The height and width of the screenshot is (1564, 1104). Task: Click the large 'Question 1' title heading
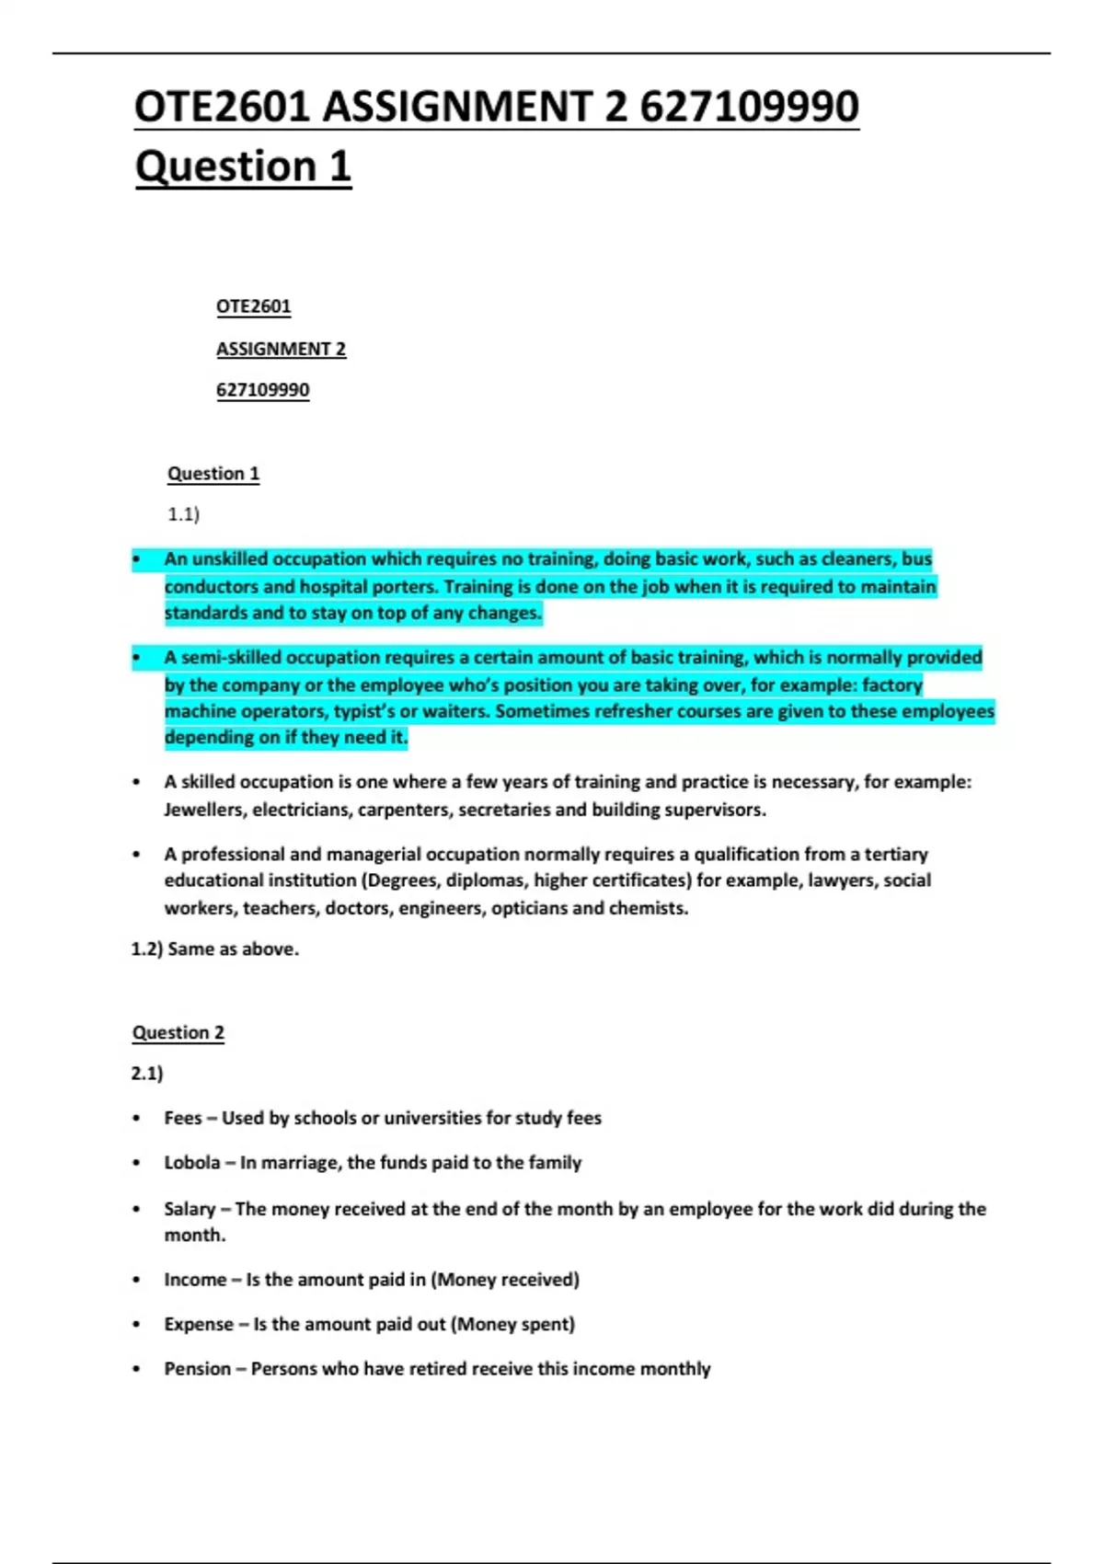click(x=243, y=167)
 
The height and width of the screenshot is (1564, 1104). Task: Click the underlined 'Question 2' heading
click(x=178, y=1032)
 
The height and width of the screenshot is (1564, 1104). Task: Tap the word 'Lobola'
click(x=191, y=1163)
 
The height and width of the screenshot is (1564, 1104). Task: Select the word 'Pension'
click(x=197, y=1369)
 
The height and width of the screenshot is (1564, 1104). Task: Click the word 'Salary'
click(x=190, y=1209)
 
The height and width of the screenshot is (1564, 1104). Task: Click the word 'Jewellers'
click(x=203, y=810)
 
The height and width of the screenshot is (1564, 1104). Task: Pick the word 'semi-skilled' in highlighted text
click(x=232, y=658)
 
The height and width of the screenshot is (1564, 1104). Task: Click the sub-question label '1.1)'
click(x=183, y=514)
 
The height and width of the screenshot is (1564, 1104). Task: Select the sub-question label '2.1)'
click(x=147, y=1074)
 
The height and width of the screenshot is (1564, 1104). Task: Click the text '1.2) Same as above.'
click(x=215, y=949)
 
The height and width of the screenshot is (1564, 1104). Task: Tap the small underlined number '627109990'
click(x=262, y=390)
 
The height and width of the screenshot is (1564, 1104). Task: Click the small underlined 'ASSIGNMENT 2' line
click(x=281, y=349)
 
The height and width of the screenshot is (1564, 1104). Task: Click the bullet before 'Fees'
click(x=136, y=1119)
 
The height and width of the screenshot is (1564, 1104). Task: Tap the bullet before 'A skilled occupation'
click(x=136, y=782)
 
